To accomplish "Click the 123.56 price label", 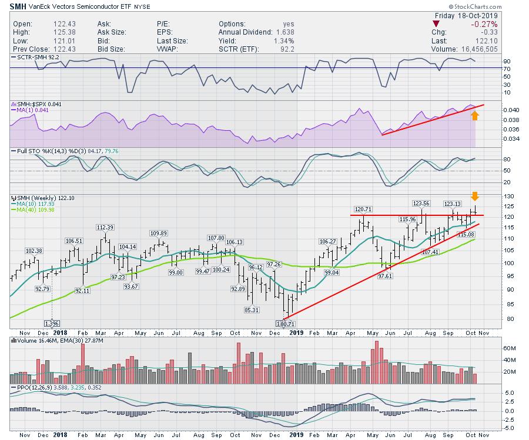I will point(421,203).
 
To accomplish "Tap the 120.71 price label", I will point(364,208).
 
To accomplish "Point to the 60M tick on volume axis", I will point(493,348).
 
